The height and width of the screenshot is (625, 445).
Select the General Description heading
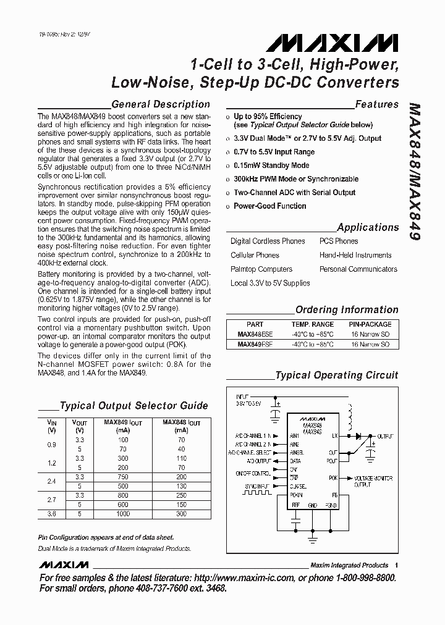(160, 104)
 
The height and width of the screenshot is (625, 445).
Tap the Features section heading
(376, 104)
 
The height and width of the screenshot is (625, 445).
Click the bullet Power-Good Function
(269, 206)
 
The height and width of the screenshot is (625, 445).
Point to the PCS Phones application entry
(338, 241)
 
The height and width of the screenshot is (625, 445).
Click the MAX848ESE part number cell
(255, 334)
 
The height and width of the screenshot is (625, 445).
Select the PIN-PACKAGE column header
(370, 324)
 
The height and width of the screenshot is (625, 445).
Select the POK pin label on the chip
(333, 478)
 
